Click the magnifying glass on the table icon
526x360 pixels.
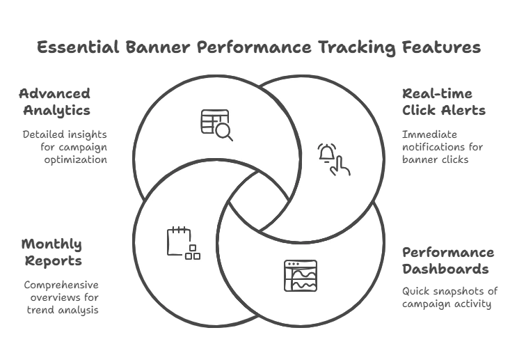[224, 131]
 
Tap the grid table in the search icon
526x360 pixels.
[209, 119]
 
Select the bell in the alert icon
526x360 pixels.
[326, 153]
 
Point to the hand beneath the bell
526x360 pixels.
[340, 165]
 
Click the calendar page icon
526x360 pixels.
[178, 241]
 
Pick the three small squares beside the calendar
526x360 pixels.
[193, 253]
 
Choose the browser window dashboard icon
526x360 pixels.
[300, 275]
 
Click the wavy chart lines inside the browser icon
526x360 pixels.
[304, 280]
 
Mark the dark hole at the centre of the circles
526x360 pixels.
[258, 201]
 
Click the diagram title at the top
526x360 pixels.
[259, 47]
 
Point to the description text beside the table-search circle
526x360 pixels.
[67, 145]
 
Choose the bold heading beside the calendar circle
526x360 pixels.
[53, 251]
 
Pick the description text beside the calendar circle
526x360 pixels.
[61, 297]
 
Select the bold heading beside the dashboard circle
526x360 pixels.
[448, 260]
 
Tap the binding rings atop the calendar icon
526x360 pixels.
[179, 229]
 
